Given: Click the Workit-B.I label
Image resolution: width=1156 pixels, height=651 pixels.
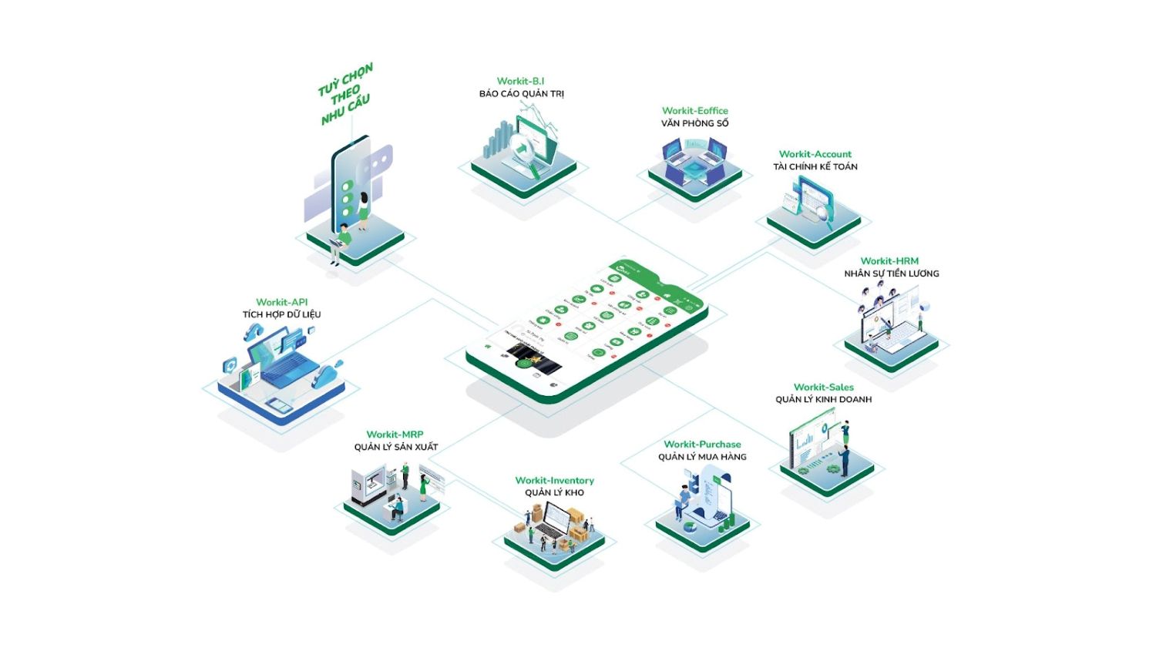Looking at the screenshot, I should [520, 81].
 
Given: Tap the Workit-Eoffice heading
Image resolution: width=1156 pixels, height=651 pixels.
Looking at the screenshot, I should [694, 111].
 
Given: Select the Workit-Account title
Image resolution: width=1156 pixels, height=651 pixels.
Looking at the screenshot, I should [815, 154].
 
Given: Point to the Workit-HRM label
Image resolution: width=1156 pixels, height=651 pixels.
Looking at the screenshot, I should [889, 261].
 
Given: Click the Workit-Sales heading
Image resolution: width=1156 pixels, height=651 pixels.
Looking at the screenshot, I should [823, 388].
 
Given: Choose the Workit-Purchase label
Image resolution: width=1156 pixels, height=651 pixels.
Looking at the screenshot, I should [702, 445].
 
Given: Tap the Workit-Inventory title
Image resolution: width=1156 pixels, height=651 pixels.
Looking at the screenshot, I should [554, 481].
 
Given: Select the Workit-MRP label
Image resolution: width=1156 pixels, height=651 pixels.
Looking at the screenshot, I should [395, 435].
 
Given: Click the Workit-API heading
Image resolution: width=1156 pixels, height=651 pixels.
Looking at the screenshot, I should [281, 302].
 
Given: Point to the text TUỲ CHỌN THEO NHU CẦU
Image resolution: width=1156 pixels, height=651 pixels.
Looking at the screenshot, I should [345, 94].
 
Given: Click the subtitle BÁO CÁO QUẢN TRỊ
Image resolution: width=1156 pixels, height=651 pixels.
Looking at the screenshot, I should [521, 94].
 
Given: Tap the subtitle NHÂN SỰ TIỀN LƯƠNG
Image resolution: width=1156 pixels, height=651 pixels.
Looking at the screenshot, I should [891, 273].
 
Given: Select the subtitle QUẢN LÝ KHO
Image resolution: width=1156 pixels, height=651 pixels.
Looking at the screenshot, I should [554, 493].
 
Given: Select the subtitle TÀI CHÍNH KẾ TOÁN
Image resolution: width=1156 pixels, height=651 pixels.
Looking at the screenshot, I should [815, 166].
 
